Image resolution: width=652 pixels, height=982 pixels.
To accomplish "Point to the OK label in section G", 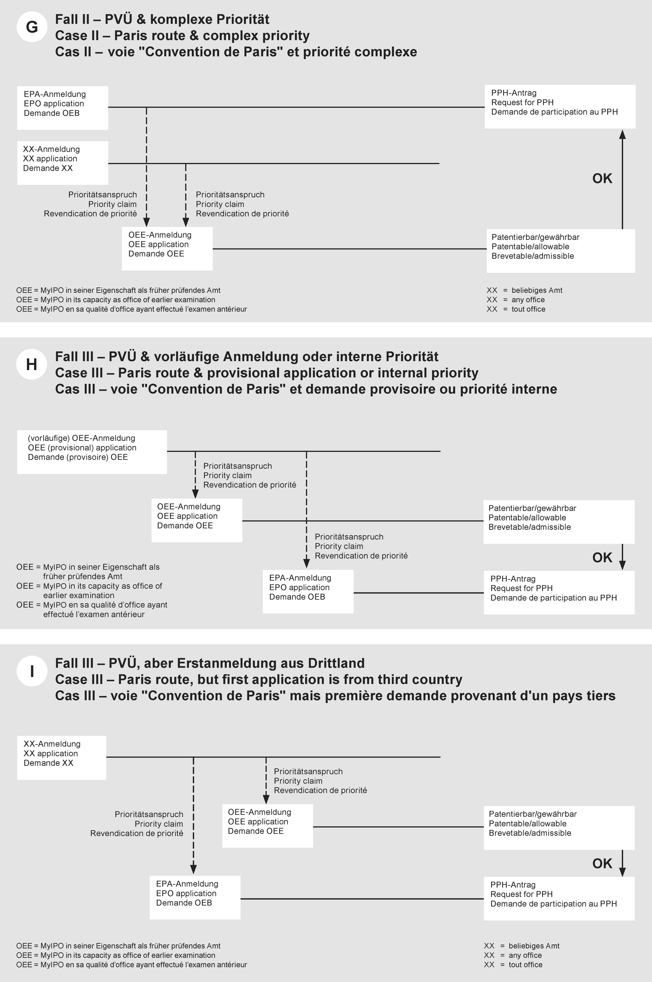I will click(602, 179).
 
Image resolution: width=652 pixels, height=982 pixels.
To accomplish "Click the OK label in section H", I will click(602, 558).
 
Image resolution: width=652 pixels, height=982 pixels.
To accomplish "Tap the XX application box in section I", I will click(62, 758).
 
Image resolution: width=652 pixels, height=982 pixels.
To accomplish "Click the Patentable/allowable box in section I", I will click(559, 827).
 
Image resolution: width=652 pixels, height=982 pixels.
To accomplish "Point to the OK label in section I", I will click(602, 864).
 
